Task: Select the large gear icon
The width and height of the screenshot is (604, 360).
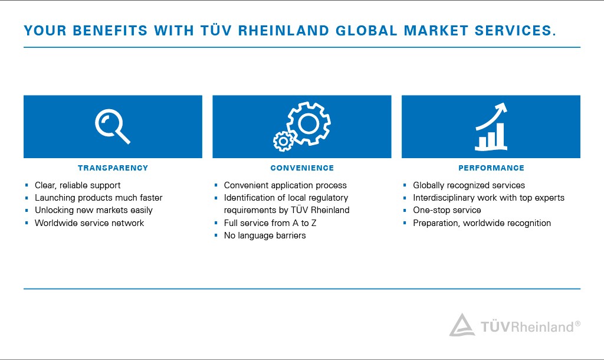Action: coord(308,123)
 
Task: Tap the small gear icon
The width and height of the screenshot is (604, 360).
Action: coord(284,140)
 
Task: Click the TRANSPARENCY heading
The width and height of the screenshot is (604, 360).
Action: coord(113,168)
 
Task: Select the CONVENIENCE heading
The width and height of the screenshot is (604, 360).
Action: coord(302,168)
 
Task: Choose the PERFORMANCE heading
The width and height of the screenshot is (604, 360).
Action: coord(491,168)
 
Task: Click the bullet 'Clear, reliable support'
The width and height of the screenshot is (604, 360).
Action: coord(77,185)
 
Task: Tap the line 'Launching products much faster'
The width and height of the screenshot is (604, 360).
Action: coord(98,198)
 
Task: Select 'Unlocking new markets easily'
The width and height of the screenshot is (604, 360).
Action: coord(93,210)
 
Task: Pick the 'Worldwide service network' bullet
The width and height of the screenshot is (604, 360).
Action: coord(89,223)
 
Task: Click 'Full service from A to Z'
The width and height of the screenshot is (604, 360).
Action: coord(270,223)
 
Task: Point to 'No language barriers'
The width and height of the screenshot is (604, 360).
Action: coord(265,235)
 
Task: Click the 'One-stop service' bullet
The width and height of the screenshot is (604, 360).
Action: coord(447,210)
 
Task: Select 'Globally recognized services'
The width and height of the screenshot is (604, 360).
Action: coord(468,185)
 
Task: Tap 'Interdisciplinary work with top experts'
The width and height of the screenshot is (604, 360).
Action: coord(488,198)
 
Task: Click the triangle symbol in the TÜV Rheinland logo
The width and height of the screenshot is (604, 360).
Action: coord(461,325)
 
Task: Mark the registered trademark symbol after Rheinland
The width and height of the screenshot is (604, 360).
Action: coord(577,323)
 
